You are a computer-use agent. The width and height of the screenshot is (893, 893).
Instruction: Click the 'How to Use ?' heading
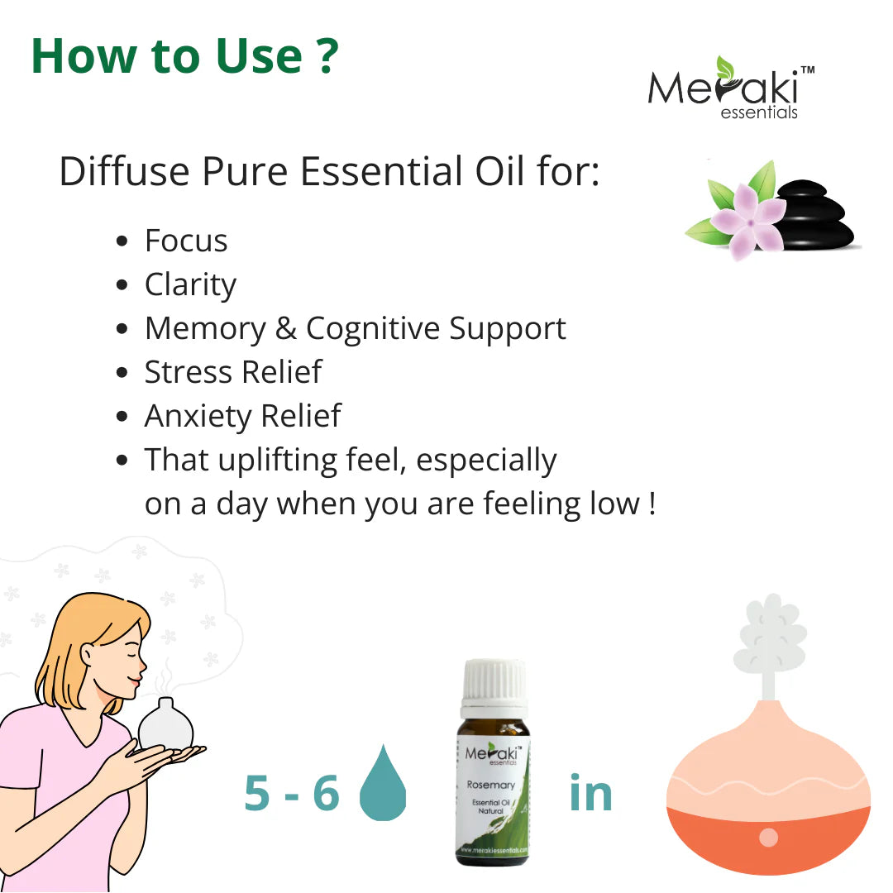point(184,56)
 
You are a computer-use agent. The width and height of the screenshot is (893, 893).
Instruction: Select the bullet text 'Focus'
point(186,241)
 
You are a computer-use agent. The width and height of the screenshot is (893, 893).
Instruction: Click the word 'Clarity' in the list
point(190,284)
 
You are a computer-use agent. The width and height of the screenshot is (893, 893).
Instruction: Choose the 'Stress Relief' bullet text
point(232,372)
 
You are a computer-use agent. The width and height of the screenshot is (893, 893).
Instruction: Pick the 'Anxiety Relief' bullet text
point(242,415)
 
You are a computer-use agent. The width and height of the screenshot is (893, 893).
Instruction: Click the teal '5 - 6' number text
point(292,793)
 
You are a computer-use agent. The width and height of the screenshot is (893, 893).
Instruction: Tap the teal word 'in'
point(590,793)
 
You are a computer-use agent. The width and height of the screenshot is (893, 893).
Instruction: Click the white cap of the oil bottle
point(494,687)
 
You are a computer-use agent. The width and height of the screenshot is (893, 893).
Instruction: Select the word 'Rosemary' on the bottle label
point(490,785)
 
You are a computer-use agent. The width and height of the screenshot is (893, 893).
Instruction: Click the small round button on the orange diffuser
point(768,837)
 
